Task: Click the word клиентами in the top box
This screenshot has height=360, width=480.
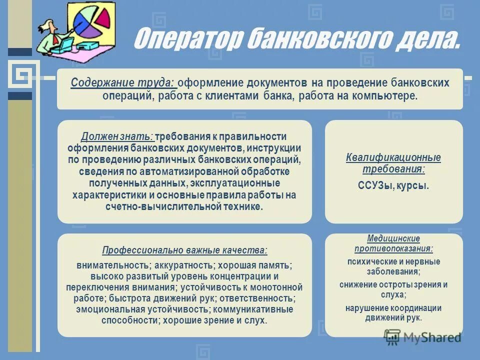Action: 233,95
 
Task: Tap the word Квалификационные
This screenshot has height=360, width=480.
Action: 393,158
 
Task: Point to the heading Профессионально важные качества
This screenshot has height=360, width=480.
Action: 184,250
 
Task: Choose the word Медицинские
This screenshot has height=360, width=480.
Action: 393,239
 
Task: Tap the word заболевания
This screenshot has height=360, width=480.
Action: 393,272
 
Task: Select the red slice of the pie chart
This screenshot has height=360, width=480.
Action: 103,17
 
